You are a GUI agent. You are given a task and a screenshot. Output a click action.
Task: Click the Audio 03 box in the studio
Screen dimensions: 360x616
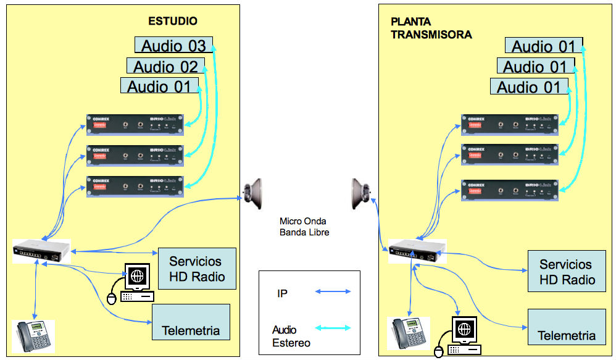click(x=173, y=45)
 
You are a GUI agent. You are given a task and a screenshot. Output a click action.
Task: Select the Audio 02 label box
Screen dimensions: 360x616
click(x=165, y=66)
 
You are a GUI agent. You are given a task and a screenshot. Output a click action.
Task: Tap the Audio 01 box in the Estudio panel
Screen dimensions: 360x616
click(x=159, y=86)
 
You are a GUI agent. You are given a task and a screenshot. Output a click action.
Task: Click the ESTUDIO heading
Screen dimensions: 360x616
click(x=173, y=21)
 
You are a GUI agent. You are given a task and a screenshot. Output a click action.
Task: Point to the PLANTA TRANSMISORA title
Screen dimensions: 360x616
click(x=431, y=28)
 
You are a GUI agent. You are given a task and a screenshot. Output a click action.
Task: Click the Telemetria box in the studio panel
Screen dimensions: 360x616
click(x=190, y=322)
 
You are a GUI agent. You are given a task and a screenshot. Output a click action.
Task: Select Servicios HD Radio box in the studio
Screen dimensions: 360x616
click(x=197, y=269)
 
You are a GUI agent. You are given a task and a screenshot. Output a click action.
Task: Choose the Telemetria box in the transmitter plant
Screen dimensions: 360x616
click(x=566, y=327)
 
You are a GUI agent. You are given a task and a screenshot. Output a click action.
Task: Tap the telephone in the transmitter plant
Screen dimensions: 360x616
click(x=408, y=333)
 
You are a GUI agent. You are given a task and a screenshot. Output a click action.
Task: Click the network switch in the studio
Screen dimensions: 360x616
click(x=41, y=251)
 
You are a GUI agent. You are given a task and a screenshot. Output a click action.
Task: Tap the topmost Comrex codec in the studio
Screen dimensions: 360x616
click(x=135, y=125)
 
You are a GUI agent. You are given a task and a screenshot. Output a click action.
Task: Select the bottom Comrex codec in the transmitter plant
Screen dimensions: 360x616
click(x=509, y=190)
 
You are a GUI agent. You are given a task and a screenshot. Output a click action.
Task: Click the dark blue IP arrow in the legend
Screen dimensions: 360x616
click(x=333, y=291)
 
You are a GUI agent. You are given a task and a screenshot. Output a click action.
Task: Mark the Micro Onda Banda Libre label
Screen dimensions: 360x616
click(x=304, y=227)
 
